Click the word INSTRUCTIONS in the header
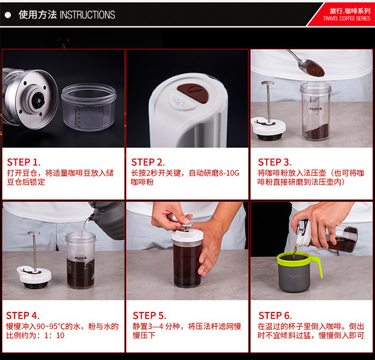[87, 15]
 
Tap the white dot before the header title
[8, 15]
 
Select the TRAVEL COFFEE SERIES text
[346, 18]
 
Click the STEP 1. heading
[23, 162]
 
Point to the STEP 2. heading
[148, 162]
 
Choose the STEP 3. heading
[275, 162]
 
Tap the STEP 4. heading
[23, 315]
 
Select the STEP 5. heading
[149, 315]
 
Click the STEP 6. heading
[275, 315]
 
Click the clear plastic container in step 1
[88, 107]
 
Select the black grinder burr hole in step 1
[37, 99]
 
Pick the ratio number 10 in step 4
[60, 335]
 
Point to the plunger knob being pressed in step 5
[187, 226]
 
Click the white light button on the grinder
[182, 103]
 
